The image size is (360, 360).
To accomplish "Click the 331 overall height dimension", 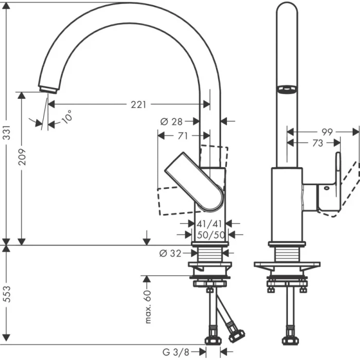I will point(7,135).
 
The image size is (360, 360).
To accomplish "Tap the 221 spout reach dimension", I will point(138,104).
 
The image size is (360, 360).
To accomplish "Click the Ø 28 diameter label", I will point(171,121).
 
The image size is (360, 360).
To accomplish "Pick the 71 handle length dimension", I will point(182,136).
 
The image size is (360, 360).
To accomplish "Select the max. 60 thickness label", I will point(148,307).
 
